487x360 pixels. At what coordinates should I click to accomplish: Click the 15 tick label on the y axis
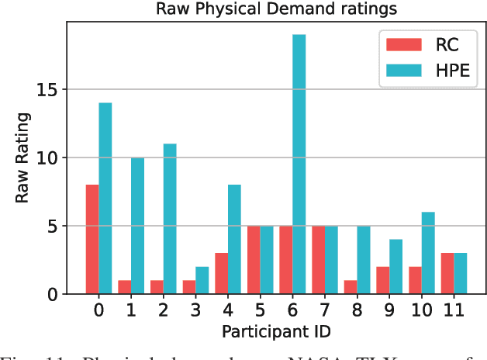point(47,89)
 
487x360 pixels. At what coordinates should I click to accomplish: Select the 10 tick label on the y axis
point(47,157)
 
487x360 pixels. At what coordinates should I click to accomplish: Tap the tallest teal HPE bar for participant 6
point(299,164)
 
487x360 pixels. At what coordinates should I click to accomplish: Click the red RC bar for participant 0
point(92,239)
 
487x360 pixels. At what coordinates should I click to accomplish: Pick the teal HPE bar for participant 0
point(105,199)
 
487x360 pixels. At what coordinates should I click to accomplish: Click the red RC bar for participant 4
point(221,273)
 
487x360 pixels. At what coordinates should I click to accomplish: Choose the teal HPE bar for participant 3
point(202,280)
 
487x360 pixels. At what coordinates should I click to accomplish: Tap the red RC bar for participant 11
point(447,273)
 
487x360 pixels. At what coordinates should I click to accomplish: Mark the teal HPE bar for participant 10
point(427,253)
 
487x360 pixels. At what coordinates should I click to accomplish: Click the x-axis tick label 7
point(324,311)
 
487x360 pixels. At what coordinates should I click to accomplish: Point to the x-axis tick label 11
point(453,311)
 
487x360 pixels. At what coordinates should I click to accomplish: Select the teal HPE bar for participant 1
point(137,226)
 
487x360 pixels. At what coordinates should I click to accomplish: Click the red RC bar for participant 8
point(350,287)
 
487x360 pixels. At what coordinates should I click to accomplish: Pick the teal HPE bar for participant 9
point(395,267)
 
